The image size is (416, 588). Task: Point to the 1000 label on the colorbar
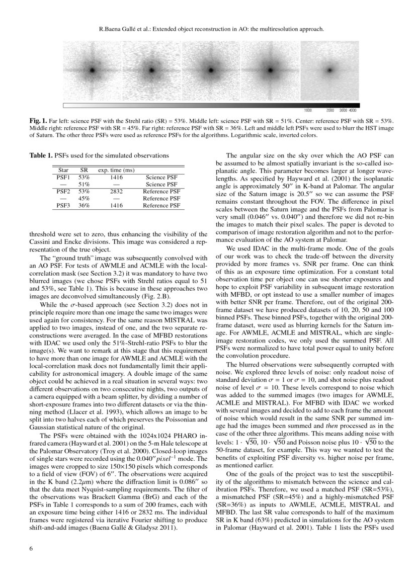coord(308,110)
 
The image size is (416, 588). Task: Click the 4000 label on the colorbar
coord(353,110)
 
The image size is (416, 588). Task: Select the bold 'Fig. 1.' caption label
coord(38,122)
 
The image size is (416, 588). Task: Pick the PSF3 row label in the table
coord(63,205)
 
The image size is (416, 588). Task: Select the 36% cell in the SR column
coord(84,205)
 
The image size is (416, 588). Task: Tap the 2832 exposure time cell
coord(115,191)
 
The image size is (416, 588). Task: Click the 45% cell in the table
coord(84,198)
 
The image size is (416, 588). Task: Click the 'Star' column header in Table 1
coord(63,170)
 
